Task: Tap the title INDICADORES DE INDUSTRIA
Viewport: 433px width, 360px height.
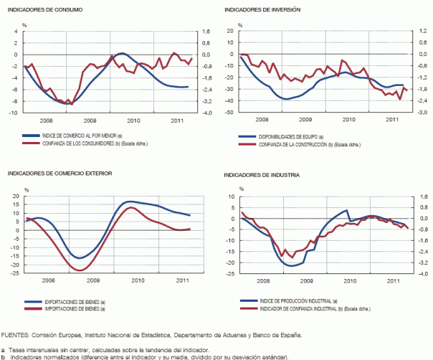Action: point(261,174)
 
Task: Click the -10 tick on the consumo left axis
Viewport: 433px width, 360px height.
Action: point(15,112)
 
